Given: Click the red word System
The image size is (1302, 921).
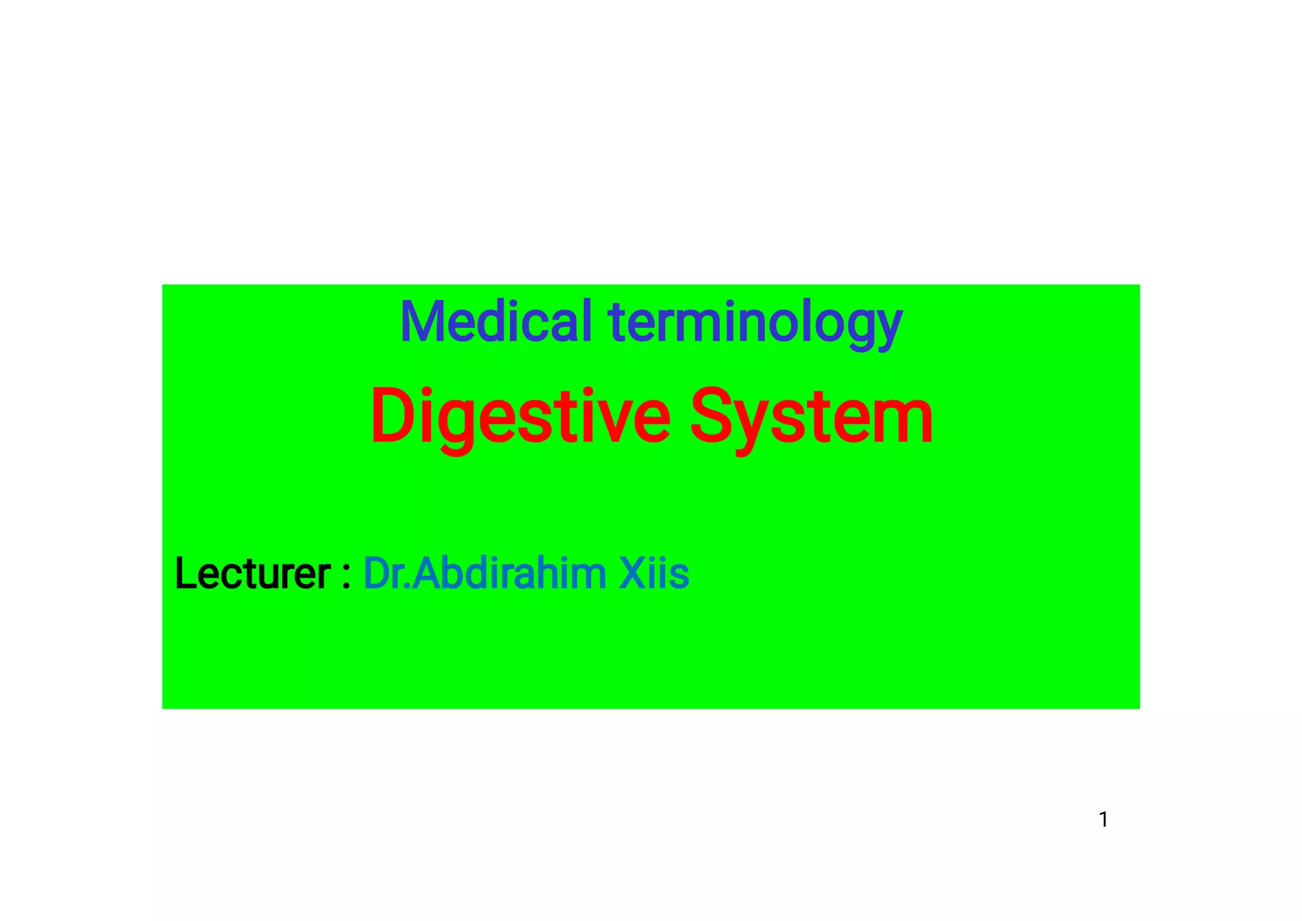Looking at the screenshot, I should point(811,417).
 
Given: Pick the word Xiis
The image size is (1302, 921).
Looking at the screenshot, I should point(654,573).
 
